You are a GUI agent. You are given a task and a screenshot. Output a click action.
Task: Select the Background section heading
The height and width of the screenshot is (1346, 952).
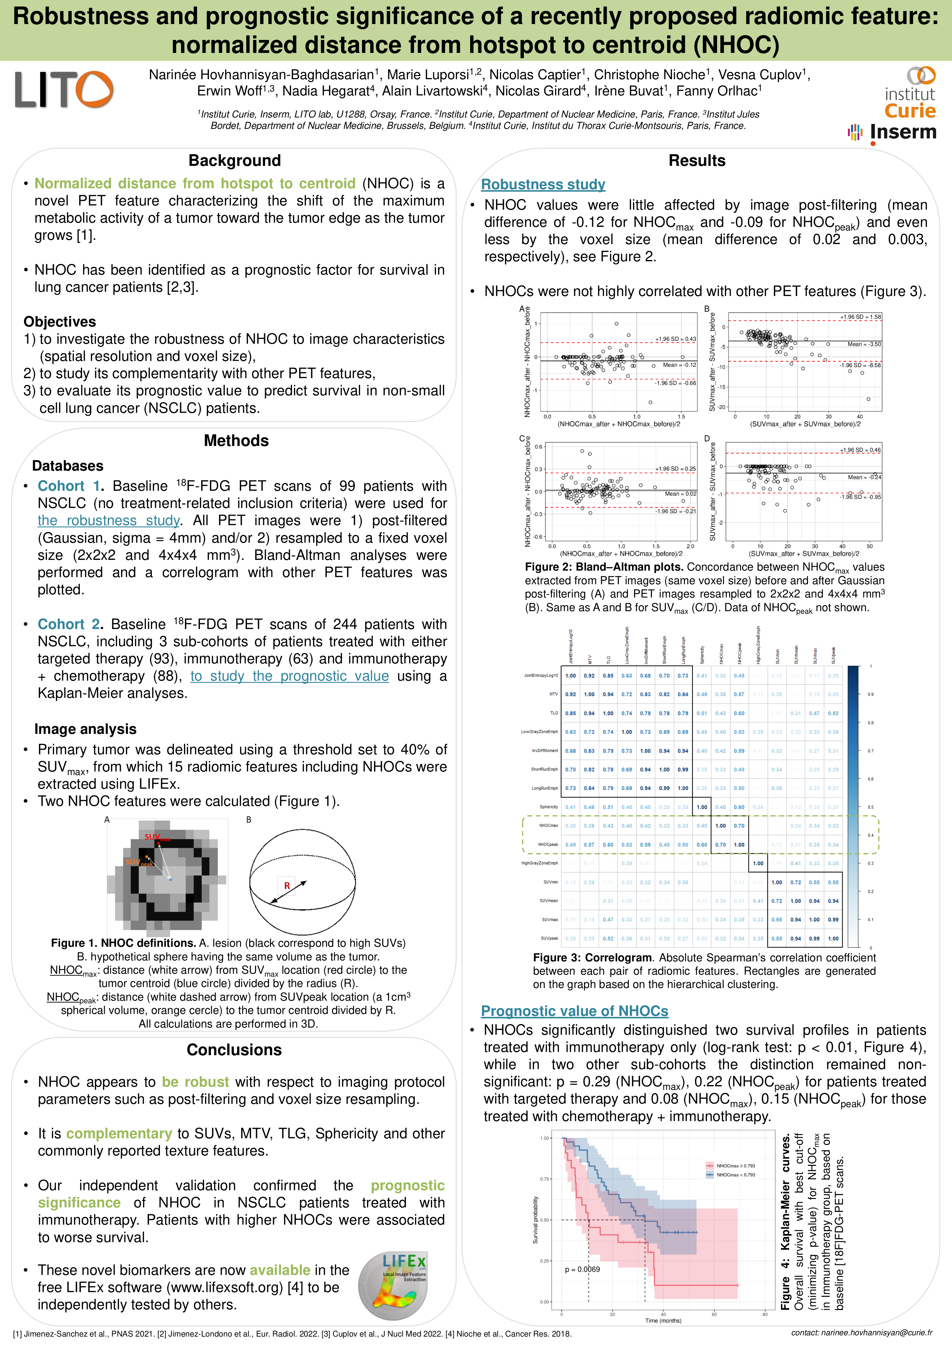(235, 161)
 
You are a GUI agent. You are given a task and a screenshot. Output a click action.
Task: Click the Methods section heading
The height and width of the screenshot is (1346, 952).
(236, 441)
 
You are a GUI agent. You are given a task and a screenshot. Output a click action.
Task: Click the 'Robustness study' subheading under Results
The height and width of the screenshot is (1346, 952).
(543, 185)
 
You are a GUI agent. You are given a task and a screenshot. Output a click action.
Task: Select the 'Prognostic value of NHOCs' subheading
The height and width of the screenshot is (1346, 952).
(575, 1011)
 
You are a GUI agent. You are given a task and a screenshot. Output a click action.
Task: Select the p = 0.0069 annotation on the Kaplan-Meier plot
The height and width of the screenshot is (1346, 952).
(582, 1269)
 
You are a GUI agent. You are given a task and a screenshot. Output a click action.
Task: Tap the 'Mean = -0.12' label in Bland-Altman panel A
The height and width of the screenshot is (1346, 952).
(679, 365)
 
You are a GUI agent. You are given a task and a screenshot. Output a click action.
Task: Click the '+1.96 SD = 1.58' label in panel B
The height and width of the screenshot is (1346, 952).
(860, 317)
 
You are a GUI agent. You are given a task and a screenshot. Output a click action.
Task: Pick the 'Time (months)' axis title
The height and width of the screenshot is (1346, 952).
(663, 1321)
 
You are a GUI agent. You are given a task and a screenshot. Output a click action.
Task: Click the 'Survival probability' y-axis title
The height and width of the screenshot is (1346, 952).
(535, 1220)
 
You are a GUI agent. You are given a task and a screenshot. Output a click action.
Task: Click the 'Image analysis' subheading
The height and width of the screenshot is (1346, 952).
(86, 729)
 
